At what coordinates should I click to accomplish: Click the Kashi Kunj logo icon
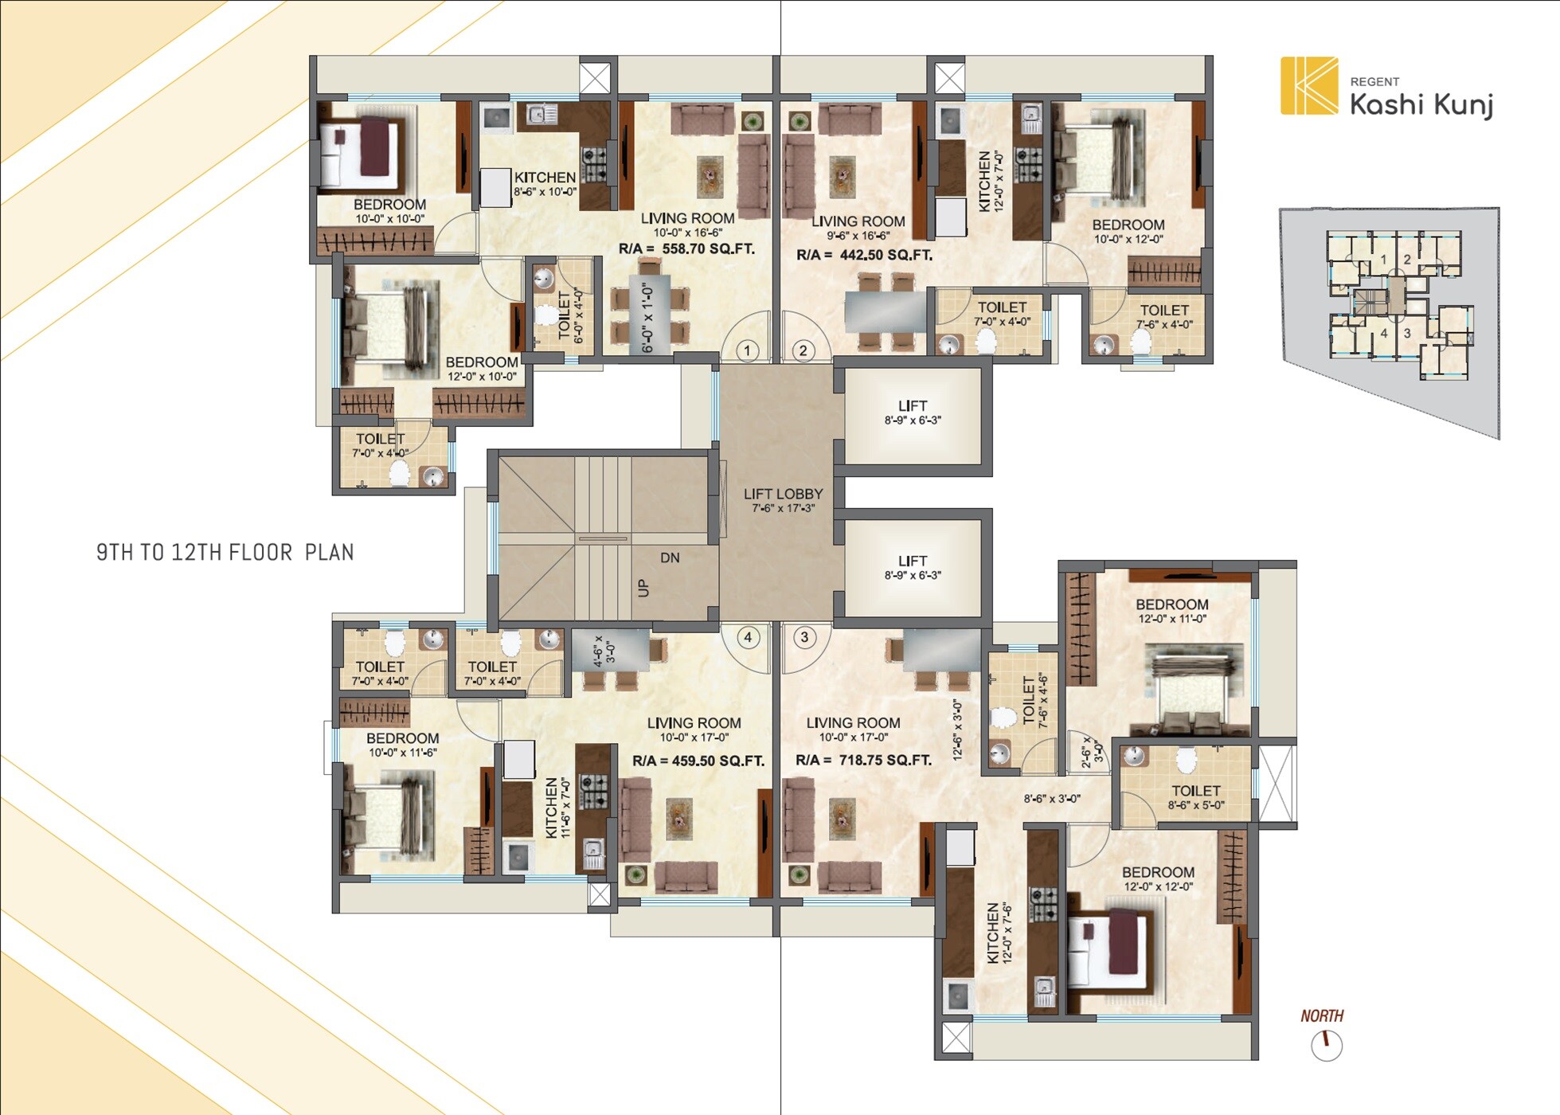click(1309, 85)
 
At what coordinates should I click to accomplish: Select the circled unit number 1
click(747, 350)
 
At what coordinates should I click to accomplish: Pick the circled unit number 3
click(805, 637)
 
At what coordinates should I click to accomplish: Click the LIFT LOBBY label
click(784, 500)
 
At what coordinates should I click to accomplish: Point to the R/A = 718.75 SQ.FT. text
click(864, 761)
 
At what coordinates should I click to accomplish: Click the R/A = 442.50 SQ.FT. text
click(865, 256)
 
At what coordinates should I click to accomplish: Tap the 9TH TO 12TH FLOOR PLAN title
click(225, 553)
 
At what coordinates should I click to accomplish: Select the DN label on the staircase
click(670, 558)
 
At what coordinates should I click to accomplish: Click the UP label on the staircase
click(643, 588)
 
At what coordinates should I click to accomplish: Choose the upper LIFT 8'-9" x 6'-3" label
click(913, 413)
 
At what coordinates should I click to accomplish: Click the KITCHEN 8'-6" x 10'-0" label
click(545, 184)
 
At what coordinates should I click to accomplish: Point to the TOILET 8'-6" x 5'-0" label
click(1196, 797)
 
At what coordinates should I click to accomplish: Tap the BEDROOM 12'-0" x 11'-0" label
click(1172, 611)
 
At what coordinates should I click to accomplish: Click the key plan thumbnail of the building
click(1390, 323)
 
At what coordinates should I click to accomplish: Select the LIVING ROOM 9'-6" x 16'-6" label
click(858, 228)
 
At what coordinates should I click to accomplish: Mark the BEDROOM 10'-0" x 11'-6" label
click(403, 745)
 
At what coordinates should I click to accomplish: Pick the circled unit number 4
click(748, 637)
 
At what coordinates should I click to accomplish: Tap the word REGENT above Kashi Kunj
click(1374, 82)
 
